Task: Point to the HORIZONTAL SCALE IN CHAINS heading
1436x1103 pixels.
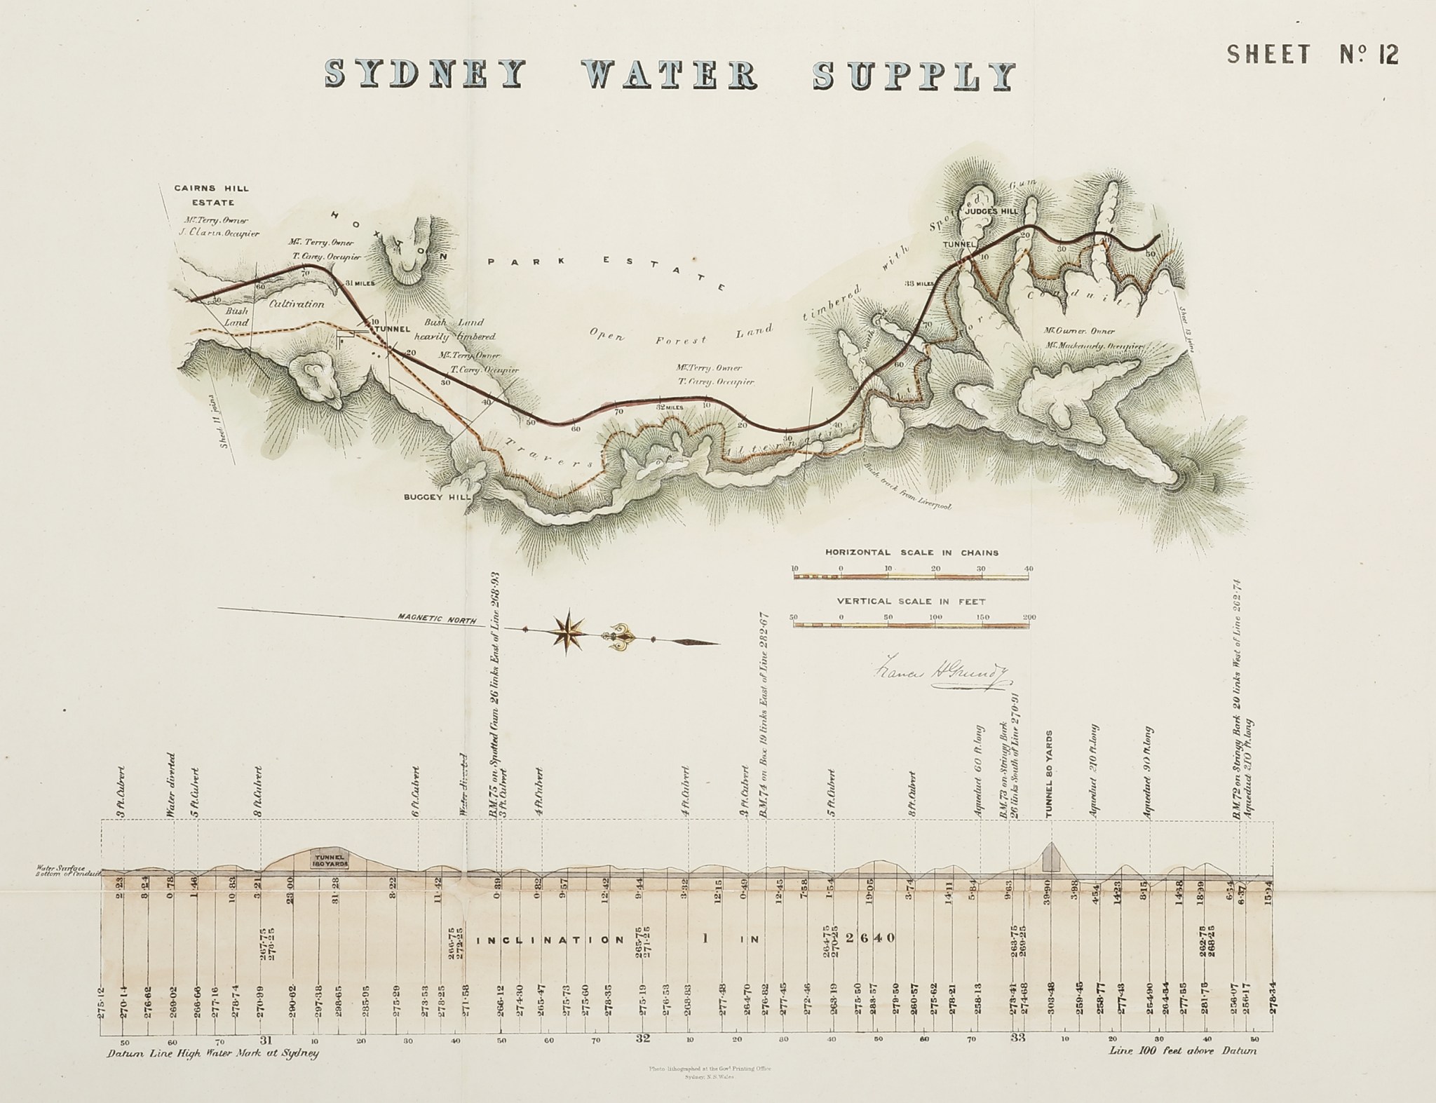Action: click(x=912, y=553)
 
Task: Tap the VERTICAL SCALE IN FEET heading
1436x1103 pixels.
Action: click(x=912, y=602)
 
